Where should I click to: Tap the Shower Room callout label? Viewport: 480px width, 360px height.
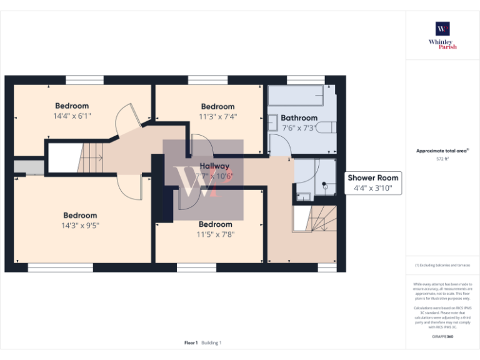[372, 182]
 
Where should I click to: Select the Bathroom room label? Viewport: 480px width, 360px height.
[299, 117]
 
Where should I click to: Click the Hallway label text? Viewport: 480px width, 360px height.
[214, 166]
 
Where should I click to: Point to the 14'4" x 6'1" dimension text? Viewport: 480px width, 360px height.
[72, 116]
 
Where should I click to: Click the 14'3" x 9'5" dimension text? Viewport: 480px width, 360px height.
[80, 226]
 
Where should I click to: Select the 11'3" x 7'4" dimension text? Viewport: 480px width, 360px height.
[217, 116]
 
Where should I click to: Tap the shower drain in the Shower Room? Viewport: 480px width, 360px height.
[324, 185]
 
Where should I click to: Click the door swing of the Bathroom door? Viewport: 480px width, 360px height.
[279, 144]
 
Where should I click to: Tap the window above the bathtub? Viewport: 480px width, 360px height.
[305, 79]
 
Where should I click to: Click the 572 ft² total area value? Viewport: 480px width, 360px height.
[442, 159]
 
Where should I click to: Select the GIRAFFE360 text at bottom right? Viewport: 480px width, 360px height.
[442, 337]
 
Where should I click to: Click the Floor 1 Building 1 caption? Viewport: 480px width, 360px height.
[203, 342]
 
